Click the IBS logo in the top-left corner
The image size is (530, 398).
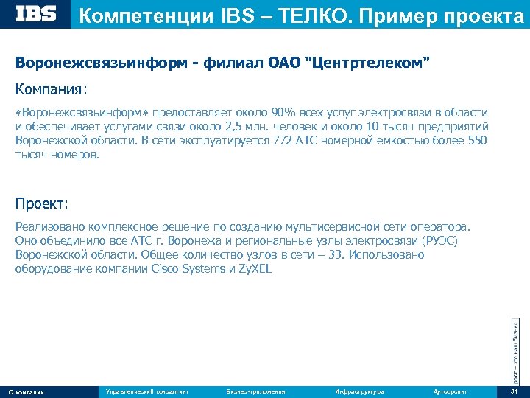[x=36, y=14]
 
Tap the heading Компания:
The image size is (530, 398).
[x=51, y=89]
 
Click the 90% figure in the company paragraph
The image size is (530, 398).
[x=283, y=112]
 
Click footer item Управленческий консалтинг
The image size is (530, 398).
[x=147, y=391]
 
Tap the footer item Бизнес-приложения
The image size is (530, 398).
[x=255, y=391]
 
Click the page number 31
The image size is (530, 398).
[x=514, y=391]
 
